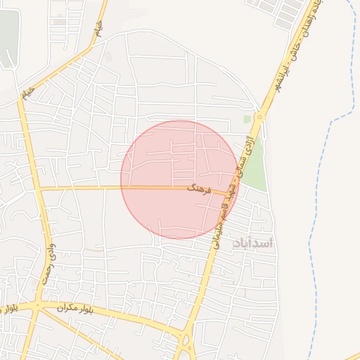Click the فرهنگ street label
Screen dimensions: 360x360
coord(200,188)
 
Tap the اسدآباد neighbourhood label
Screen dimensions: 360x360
coord(252,243)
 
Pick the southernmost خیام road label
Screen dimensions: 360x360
coord(28,92)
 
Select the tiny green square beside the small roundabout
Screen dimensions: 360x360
coord(247,120)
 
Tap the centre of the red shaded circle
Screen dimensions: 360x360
coord(180,179)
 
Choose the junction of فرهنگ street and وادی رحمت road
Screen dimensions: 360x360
coord(40,189)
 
